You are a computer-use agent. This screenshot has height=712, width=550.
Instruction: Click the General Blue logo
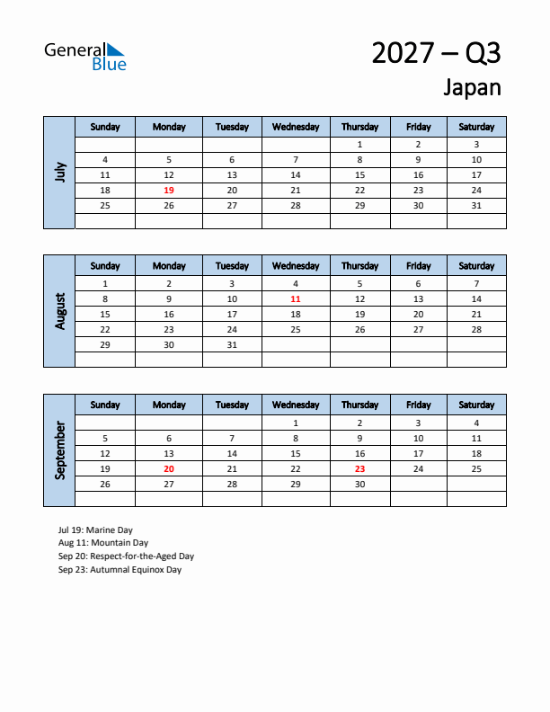pyautogui.click(x=85, y=56)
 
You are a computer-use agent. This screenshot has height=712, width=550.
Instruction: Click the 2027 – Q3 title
pyautogui.click(x=436, y=53)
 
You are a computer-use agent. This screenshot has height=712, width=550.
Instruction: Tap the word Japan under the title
pyautogui.click(x=472, y=87)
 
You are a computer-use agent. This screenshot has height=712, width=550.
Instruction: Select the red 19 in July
pyautogui.click(x=169, y=191)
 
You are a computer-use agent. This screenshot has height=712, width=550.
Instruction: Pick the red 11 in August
pyautogui.click(x=296, y=298)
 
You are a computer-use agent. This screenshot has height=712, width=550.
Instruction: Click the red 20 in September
pyautogui.click(x=169, y=468)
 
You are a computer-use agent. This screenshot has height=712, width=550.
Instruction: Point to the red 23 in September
pyautogui.click(x=359, y=468)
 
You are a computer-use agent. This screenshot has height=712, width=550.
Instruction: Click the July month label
pyautogui.click(x=60, y=172)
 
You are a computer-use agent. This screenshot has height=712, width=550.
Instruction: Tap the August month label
pyautogui.click(x=60, y=311)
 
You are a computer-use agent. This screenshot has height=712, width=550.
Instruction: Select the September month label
pyautogui.click(x=60, y=450)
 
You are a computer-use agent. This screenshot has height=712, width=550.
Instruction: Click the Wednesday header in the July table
pyautogui.click(x=296, y=127)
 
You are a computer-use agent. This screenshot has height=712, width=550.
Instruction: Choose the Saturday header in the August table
pyautogui.click(x=476, y=266)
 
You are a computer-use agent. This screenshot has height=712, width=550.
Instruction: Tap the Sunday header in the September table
pyautogui.click(x=105, y=405)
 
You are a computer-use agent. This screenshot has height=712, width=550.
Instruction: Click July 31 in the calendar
pyautogui.click(x=476, y=206)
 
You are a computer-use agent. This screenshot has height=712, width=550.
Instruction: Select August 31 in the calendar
pyautogui.click(x=232, y=345)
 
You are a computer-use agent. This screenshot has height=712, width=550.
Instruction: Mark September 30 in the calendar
pyautogui.click(x=359, y=484)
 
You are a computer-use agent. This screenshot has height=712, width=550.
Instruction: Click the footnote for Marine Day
pyautogui.click(x=95, y=530)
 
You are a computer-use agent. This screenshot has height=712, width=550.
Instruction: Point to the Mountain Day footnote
pyautogui.click(x=102, y=543)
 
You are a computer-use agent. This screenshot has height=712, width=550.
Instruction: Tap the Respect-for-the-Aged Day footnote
pyautogui.click(x=126, y=556)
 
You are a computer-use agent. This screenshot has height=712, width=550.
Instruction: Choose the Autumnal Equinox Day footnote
pyautogui.click(x=120, y=569)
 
